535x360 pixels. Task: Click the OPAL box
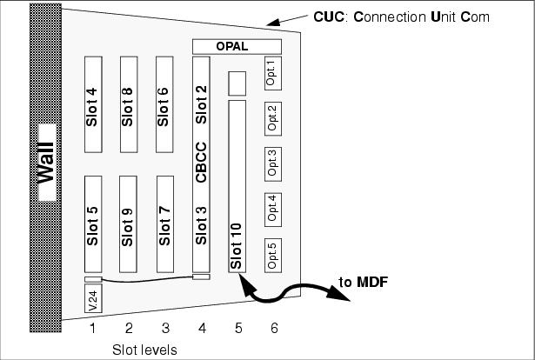[x=237, y=47]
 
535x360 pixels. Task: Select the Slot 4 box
[x=93, y=104]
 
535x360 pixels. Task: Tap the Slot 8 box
[x=129, y=104]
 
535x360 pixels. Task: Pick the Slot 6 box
[x=164, y=104]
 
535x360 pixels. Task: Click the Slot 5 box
[x=93, y=224]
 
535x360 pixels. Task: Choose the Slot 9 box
[x=128, y=224]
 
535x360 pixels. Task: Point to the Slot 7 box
[x=165, y=224]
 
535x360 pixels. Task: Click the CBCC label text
[x=201, y=163]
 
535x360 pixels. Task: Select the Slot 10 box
[x=237, y=186]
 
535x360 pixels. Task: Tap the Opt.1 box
[x=273, y=73]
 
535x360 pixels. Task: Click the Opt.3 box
[x=273, y=164]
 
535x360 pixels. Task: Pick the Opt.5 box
[x=273, y=256]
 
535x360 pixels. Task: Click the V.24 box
[x=93, y=298]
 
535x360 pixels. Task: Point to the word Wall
[x=46, y=163]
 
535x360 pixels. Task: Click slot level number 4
[x=203, y=329]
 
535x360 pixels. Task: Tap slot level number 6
[x=274, y=329]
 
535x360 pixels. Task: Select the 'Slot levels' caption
[x=144, y=350]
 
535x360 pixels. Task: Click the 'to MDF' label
[x=364, y=283]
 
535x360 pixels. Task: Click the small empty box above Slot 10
[x=237, y=83]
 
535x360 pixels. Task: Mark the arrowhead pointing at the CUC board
[x=273, y=23]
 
